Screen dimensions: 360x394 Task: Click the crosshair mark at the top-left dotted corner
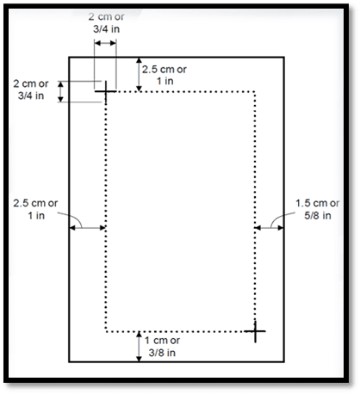click(x=106, y=91)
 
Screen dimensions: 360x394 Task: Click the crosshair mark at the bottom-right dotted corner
click(x=255, y=331)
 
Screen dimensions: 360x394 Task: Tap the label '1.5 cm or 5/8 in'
click(x=318, y=209)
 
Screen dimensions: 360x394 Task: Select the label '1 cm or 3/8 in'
click(x=162, y=347)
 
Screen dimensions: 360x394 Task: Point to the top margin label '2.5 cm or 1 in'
click(x=164, y=75)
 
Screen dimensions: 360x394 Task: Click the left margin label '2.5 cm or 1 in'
click(x=35, y=209)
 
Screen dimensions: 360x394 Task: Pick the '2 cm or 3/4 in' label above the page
click(x=106, y=22)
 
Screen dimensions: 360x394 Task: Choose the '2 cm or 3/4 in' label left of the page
click(x=31, y=89)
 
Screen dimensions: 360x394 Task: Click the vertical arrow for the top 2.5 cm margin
click(x=139, y=75)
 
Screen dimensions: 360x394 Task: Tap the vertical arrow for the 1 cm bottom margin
click(x=139, y=347)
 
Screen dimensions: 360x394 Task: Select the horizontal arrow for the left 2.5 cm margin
click(x=88, y=228)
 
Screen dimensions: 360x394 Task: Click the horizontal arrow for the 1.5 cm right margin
click(x=269, y=228)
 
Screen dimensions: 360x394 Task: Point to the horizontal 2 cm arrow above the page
click(x=105, y=43)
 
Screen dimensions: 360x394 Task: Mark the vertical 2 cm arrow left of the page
click(x=60, y=91)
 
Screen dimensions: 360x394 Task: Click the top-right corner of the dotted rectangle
click(x=255, y=92)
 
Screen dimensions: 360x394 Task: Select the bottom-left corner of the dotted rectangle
click(x=106, y=332)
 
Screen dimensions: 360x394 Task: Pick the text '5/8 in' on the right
click(x=318, y=215)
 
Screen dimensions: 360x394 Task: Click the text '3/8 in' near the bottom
click(x=162, y=353)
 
